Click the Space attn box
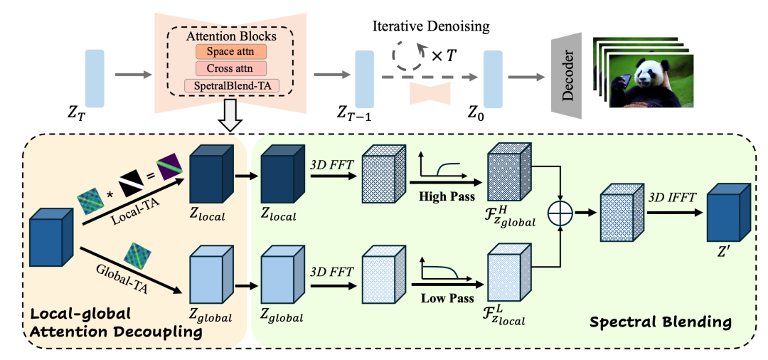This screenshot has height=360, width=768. (x=230, y=51)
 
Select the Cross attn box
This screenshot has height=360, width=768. (x=230, y=68)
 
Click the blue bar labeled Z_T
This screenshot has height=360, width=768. (x=95, y=78)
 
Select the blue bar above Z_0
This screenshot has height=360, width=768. (x=494, y=79)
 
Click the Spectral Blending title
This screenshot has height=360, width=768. (x=660, y=322)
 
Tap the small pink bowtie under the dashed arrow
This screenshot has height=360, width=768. (x=430, y=93)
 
